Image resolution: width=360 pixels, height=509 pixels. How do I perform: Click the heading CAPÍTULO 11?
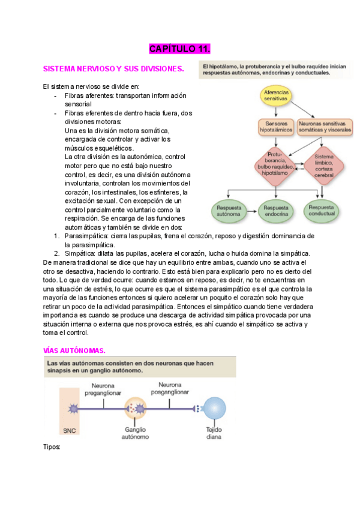pyautogui.click(x=179, y=49)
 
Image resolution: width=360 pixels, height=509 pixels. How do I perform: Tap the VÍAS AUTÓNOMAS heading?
pyautogui.click(x=75, y=350)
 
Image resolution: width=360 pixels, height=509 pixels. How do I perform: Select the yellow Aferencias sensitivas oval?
pyautogui.click(x=276, y=96)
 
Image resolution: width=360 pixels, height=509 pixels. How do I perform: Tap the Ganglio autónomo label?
pyautogui.click(x=136, y=433)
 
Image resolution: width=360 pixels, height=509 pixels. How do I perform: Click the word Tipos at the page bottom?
pyautogui.click(x=52, y=447)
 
